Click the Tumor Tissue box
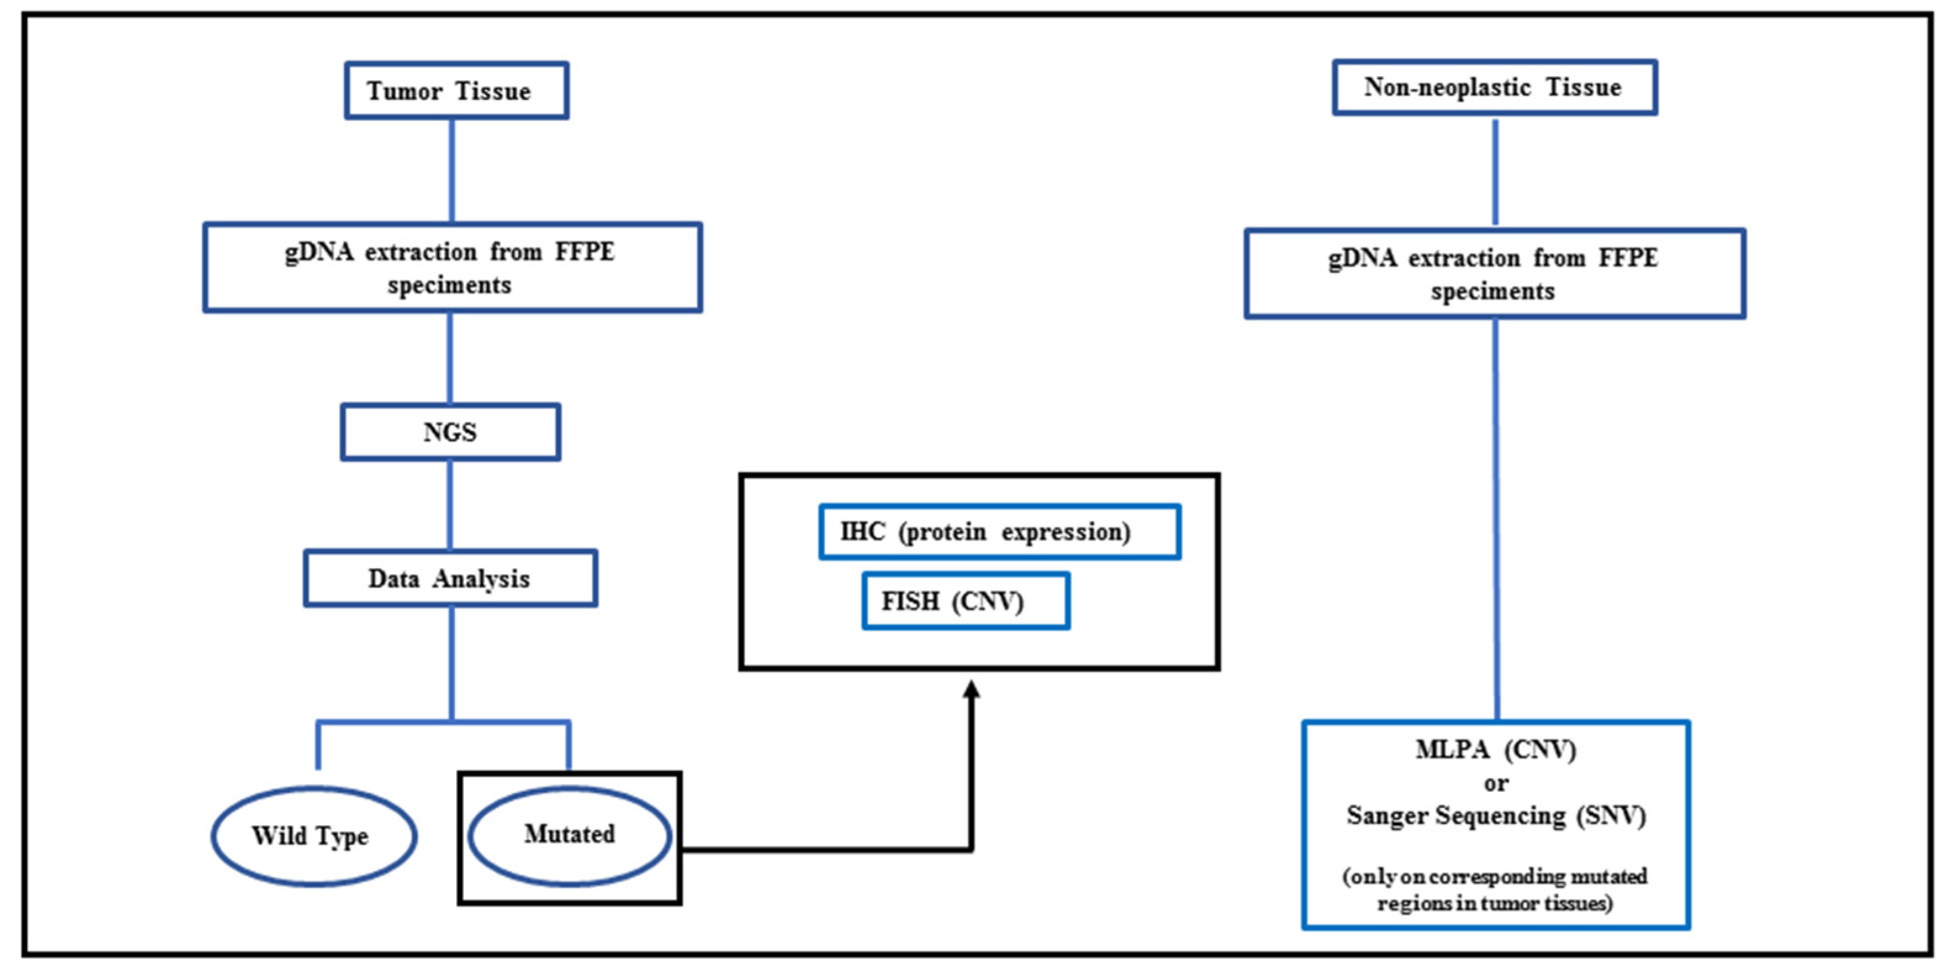(x=456, y=91)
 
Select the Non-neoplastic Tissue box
(x=1495, y=88)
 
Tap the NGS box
(x=450, y=432)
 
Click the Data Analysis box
(x=450, y=579)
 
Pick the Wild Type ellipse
(x=313, y=836)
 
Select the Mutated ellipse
(x=570, y=835)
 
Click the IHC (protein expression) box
(x=999, y=532)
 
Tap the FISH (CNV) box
(x=966, y=602)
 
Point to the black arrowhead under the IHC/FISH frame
(x=972, y=689)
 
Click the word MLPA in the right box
(x=1452, y=750)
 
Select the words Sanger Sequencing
(x=1456, y=816)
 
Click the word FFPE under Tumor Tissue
(x=585, y=252)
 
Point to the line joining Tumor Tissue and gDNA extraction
(x=453, y=171)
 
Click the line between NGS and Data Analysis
(x=450, y=505)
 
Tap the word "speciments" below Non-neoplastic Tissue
(x=1492, y=292)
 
